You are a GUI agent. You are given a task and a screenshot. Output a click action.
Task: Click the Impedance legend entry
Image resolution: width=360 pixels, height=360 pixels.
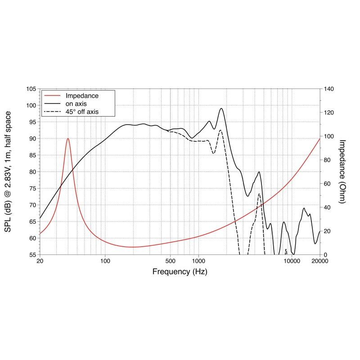[82, 96]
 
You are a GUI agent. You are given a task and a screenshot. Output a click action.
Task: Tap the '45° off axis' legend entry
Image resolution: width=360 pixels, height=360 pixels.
[82, 111]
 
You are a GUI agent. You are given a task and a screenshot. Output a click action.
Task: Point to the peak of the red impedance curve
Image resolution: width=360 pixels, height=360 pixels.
[68, 139]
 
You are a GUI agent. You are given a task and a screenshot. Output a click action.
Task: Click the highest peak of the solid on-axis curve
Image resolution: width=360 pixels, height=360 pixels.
[221, 108]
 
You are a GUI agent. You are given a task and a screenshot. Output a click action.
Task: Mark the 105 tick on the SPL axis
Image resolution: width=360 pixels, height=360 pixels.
[31, 89]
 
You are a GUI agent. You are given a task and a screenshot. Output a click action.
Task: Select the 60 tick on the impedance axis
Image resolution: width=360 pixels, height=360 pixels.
[327, 184]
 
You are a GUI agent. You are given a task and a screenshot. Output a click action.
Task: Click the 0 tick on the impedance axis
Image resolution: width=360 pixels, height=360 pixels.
[325, 255]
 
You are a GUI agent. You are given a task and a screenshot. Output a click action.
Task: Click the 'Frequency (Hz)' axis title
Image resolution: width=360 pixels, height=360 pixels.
[180, 272]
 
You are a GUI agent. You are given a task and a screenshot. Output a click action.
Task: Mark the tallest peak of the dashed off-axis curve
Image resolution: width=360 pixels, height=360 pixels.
[220, 130]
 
